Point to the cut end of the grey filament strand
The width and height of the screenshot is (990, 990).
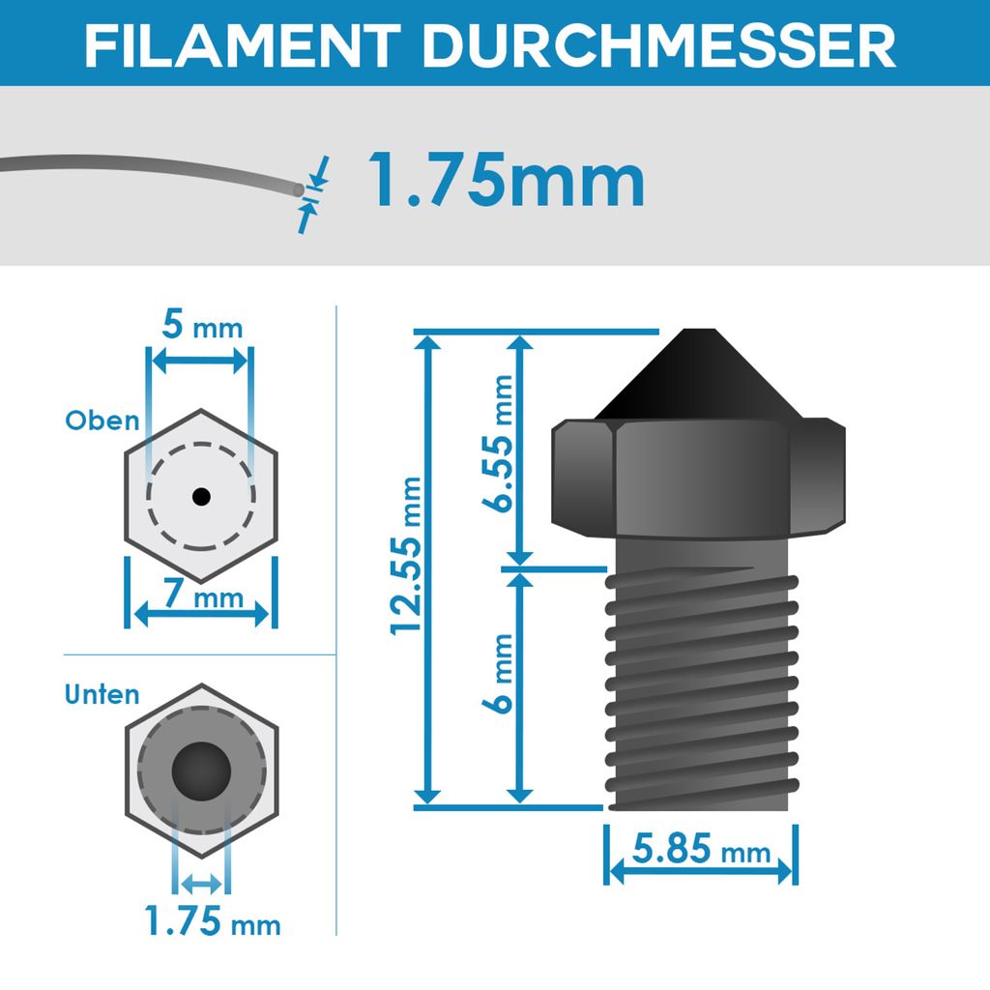click(294, 189)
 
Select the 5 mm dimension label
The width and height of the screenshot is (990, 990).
click(201, 326)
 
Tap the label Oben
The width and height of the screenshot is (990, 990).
click(102, 421)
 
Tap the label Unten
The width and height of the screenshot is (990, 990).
click(102, 694)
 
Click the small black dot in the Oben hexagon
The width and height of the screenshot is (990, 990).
click(200, 496)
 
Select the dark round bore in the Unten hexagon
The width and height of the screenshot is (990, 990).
click(201, 771)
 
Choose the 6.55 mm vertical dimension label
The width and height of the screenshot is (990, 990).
click(500, 445)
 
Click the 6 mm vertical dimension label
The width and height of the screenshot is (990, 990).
click(500, 686)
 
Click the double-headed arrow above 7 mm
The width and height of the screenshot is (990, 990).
click(201, 612)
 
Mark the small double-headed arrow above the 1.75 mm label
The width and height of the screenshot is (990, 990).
click(201, 882)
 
